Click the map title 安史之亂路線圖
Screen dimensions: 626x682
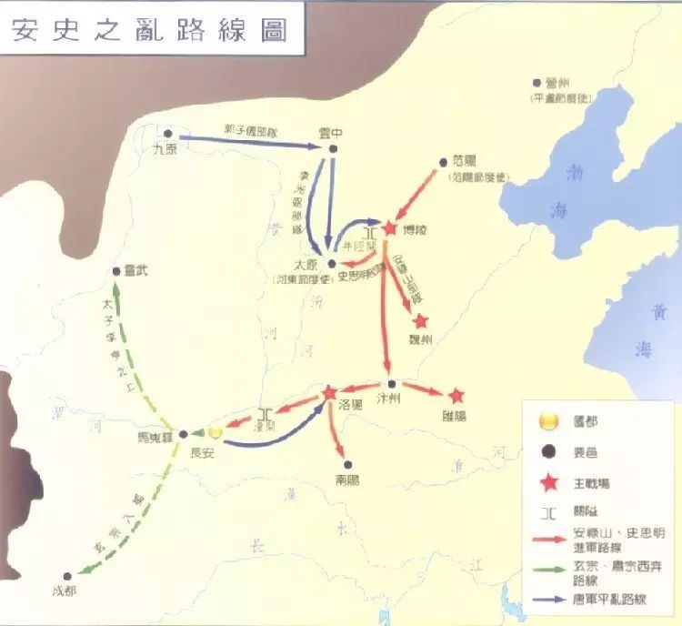149,29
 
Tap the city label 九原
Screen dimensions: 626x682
165,152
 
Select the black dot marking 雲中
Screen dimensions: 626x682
334,149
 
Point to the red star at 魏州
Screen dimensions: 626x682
420,321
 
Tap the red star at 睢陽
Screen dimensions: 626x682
456,396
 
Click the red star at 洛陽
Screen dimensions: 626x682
330,392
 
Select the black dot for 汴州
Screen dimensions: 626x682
390,383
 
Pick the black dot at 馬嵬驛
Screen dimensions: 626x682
183,434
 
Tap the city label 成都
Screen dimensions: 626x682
60,590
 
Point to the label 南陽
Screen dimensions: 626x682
346,477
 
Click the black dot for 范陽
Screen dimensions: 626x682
445,158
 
